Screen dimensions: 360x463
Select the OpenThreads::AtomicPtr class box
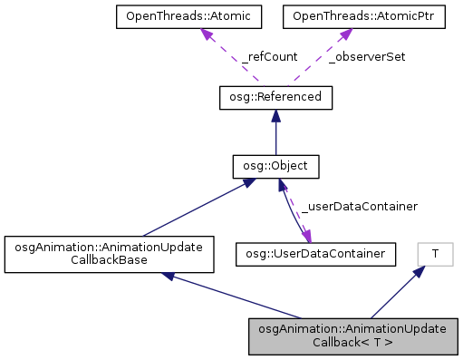[363, 15]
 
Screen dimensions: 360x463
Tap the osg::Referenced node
[275, 97]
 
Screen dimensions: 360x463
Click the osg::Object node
[275, 167]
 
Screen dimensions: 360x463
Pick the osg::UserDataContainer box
[315, 253]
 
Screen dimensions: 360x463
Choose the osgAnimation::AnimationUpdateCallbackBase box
[109, 255]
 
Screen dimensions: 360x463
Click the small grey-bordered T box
[435, 253]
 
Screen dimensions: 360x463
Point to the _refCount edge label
[269, 56]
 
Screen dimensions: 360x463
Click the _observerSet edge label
[366, 56]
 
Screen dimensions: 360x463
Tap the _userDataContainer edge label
[359, 207]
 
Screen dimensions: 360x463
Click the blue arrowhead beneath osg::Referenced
[275, 117]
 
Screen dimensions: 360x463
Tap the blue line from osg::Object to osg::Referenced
[275, 136]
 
